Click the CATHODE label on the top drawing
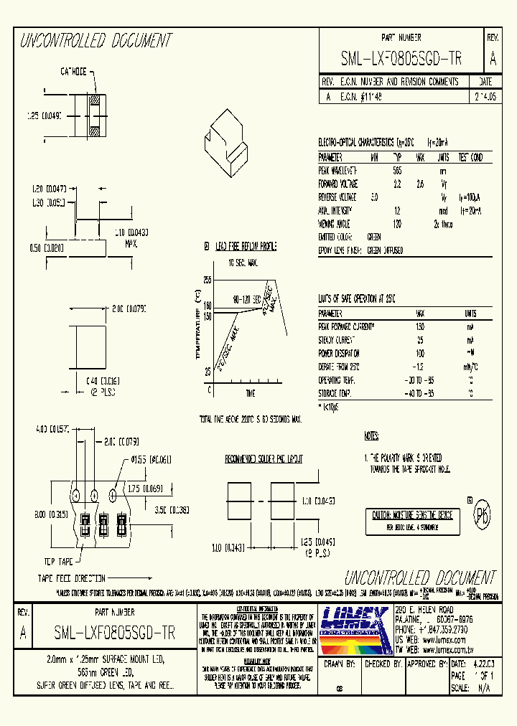pyautogui.click(x=73, y=72)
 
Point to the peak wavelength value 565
pyautogui.click(x=397, y=171)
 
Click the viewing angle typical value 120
pyautogui.click(x=397, y=223)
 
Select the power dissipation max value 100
pyautogui.click(x=420, y=353)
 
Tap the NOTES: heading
pyautogui.click(x=371, y=436)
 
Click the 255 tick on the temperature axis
pyautogui.click(x=207, y=278)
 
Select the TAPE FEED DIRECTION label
pyautogui.click(x=72, y=577)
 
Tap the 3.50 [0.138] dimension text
pyautogui.click(x=174, y=510)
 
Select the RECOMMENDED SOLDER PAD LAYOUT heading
pyautogui.click(x=264, y=458)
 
